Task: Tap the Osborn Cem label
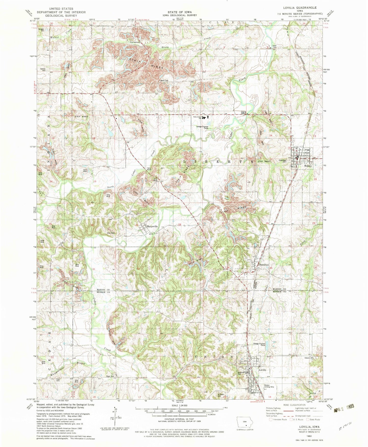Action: point(310,358)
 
